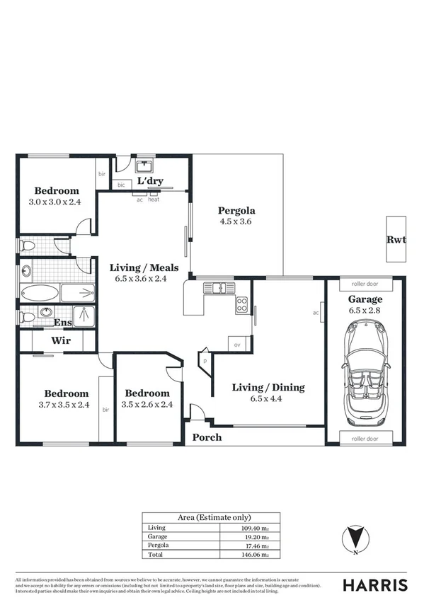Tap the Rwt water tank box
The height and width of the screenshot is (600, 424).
pos(396,239)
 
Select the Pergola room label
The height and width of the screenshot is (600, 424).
pos(236,210)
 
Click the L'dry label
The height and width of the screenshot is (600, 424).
pos(150,181)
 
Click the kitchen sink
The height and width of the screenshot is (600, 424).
pos(219,288)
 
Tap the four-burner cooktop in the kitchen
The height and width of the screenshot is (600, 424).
pos(241,305)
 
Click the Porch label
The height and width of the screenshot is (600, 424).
pos(207,437)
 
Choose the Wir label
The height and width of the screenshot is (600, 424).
pos(60,341)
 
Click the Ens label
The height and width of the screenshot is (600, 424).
pos(62,323)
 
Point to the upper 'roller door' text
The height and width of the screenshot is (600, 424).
pos(365,284)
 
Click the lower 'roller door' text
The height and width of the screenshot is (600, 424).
pos(365,439)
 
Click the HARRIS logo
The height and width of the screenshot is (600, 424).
pos(374,584)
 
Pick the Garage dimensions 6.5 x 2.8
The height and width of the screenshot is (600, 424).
pos(365,310)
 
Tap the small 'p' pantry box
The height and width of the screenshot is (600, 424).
pos(205,360)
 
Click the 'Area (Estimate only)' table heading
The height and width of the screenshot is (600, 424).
pos(211,517)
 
